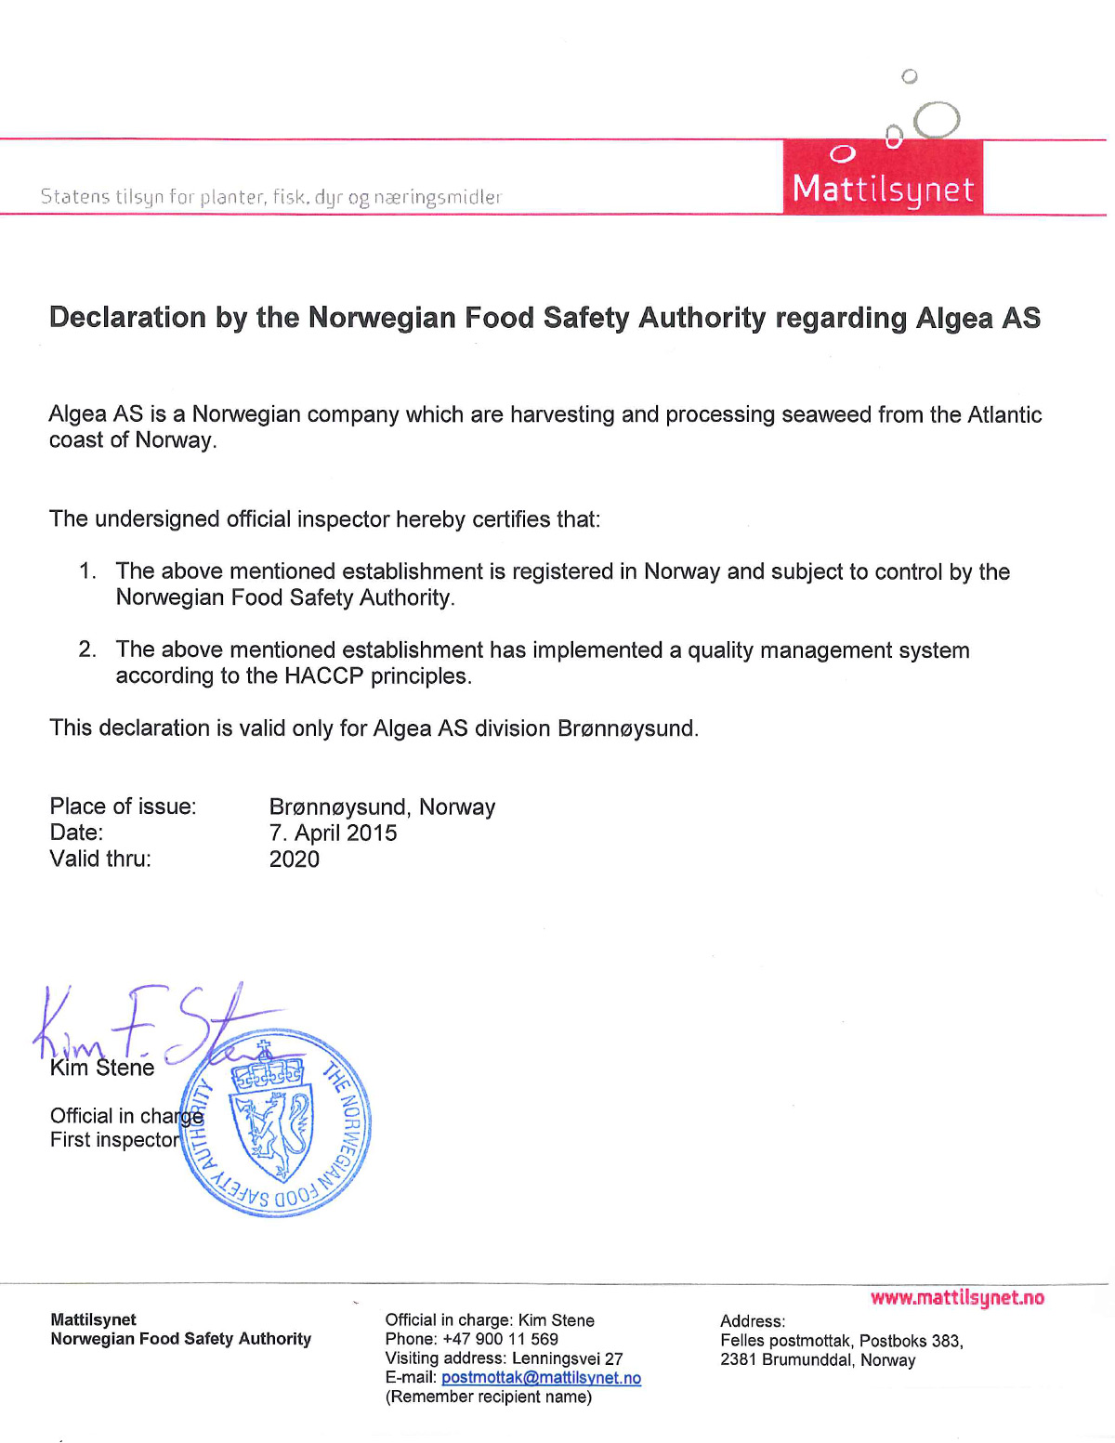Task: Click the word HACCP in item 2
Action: (324, 676)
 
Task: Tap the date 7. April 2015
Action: (333, 833)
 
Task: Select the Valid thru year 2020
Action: (294, 859)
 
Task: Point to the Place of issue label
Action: (123, 807)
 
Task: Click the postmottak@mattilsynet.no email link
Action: (541, 1378)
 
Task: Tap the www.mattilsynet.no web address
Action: (957, 1298)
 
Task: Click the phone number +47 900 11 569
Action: (500, 1339)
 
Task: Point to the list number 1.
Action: (87, 571)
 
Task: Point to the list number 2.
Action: (87, 649)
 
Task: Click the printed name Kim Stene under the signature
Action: (102, 1069)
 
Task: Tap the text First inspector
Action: (114, 1140)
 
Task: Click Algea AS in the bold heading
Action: (977, 318)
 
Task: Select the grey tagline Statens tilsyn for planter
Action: (270, 197)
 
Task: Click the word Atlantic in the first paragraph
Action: (1004, 414)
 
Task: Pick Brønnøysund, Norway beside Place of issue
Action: (382, 807)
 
